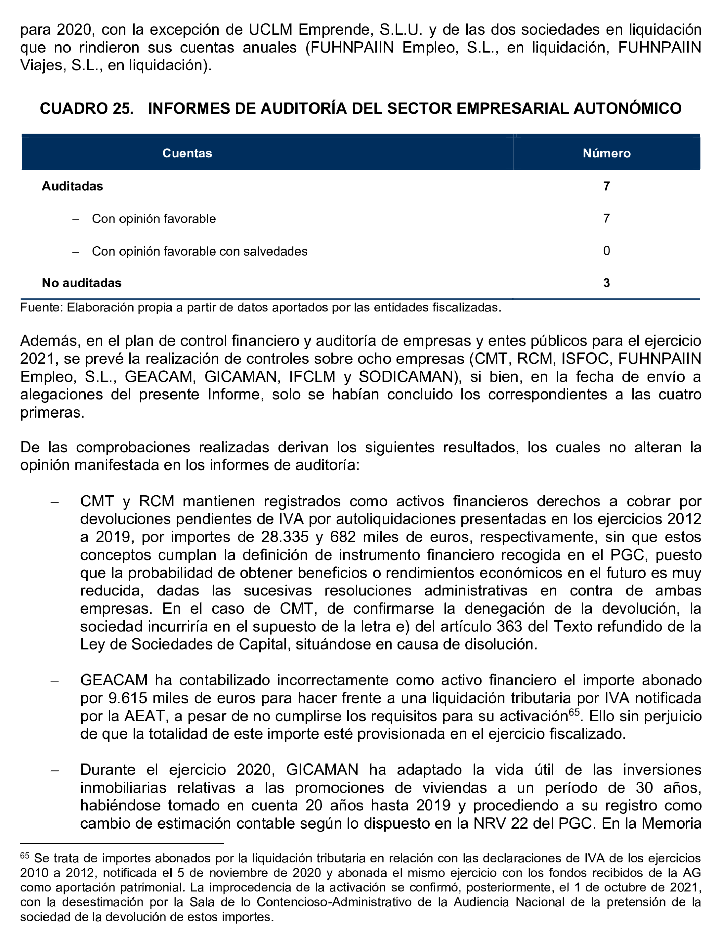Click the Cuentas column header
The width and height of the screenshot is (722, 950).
187,153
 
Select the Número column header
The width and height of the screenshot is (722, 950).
606,153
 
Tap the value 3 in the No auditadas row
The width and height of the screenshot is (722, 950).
606,283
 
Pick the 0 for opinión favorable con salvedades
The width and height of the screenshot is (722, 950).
606,251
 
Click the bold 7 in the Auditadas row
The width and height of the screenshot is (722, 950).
606,186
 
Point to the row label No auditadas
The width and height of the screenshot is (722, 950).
82,283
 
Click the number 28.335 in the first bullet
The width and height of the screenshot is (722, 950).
284,537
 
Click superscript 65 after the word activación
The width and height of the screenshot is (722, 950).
574,712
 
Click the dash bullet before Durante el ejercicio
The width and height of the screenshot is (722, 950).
54,770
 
